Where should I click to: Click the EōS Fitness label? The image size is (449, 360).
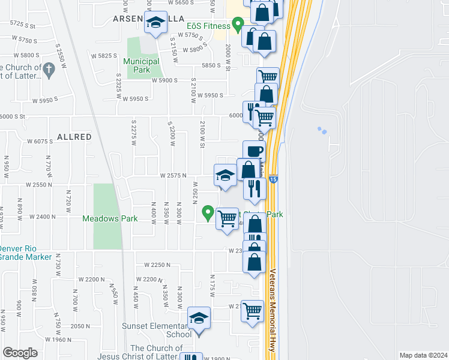click(x=206, y=26)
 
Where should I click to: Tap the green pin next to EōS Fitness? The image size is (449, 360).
click(x=238, y=25)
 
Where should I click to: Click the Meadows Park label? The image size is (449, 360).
click(x=110, y=218)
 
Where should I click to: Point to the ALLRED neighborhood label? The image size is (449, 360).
click(x=74, y=137)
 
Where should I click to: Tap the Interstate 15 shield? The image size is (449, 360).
click(x=274, y=179)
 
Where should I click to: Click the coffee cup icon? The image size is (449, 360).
click(x=254, y=152)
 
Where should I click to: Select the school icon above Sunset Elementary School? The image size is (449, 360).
click(x=199, y=318)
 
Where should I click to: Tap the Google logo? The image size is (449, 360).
click(x=20, y=353)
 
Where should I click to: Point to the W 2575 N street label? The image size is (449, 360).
click(x=173, y=175)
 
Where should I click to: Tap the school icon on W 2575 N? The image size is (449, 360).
click(x=225, y=175)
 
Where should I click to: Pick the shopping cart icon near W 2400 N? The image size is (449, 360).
click(x=227, y=218)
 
